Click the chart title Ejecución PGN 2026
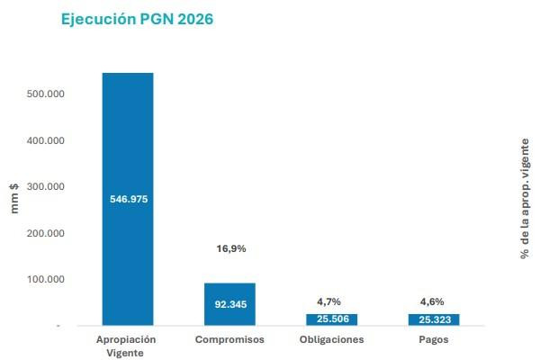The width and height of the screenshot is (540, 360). (x=137, y=19)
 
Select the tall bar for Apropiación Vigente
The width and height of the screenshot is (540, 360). (x=128, y=135)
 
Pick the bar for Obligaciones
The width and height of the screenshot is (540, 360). (x=333, y=319)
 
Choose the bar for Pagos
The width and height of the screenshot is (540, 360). (x=434, y=319)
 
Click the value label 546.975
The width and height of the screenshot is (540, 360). (x=128, y=199)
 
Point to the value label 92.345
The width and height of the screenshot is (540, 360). (x=230, y=305)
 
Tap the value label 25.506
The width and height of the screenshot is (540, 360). (x=333, y=319)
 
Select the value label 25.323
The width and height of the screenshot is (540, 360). (x=434, y=319)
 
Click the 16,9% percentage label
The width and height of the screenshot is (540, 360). (x=230, y=248)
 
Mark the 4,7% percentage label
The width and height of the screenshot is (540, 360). (x=329, y=301)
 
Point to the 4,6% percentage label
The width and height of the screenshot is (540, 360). (x=432, y=301)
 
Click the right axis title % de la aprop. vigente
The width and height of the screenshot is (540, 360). (x=525, y=198)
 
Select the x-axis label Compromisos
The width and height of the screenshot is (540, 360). (x=230, y=339)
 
